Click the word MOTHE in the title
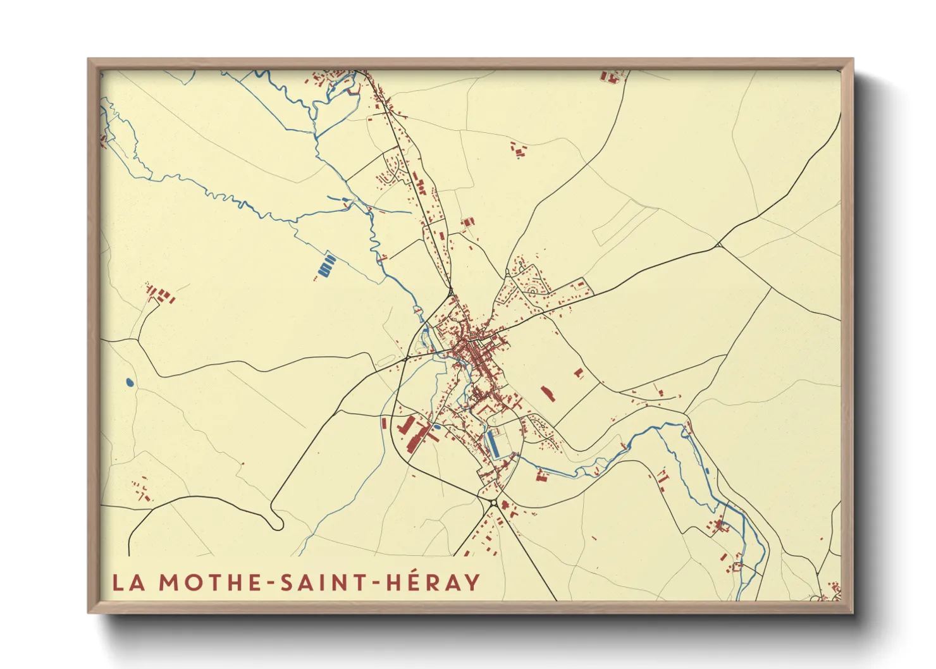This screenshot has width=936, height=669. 211,582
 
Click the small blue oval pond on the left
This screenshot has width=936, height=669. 130,383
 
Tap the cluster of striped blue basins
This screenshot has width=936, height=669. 326,266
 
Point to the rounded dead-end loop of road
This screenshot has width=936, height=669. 276,523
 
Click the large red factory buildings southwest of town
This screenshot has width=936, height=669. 415,433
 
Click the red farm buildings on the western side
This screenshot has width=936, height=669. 159,295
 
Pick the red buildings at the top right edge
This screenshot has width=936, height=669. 610,77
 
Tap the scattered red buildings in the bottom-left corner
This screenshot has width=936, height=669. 140,491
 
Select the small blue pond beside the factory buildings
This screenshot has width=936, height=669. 437,427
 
